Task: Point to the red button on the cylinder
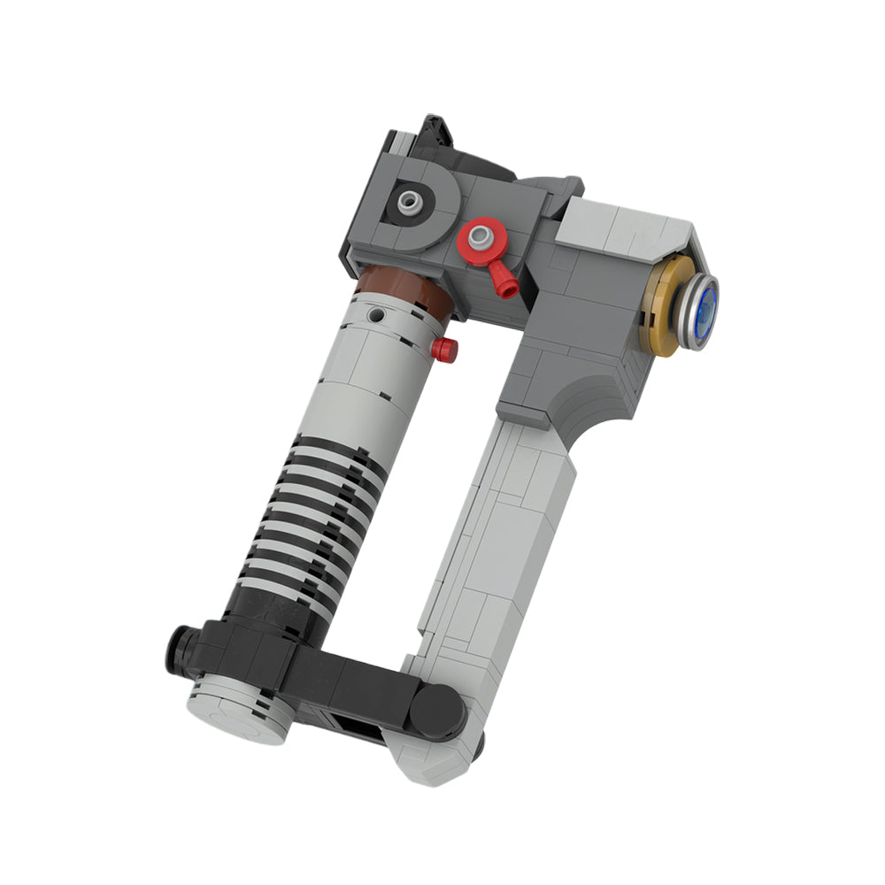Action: tap(444, 350)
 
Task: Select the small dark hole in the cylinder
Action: tap(378, 313)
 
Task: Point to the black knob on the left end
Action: tap(180, 648)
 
